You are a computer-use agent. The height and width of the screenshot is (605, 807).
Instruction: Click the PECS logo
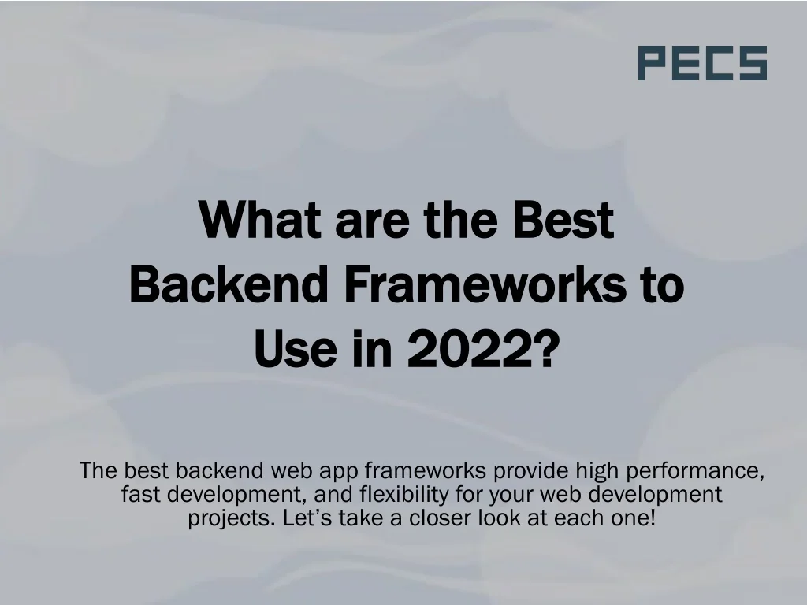pyautogui.click(x=701, y=64)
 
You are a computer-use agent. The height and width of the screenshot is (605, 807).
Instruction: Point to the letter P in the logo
pyautogui.click(x=652, y=64)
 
